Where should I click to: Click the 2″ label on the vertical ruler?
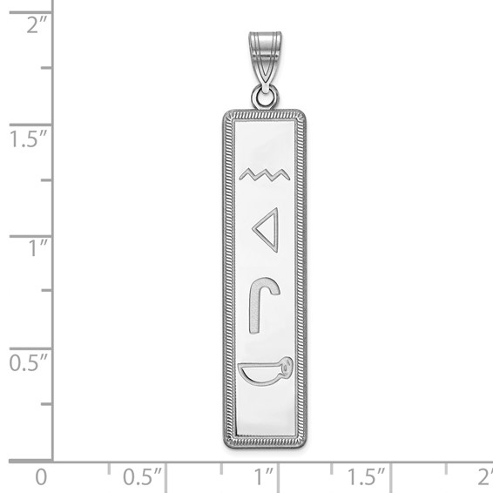(35, 25)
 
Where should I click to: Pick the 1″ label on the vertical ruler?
(35, 247)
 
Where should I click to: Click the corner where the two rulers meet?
(53, 459)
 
